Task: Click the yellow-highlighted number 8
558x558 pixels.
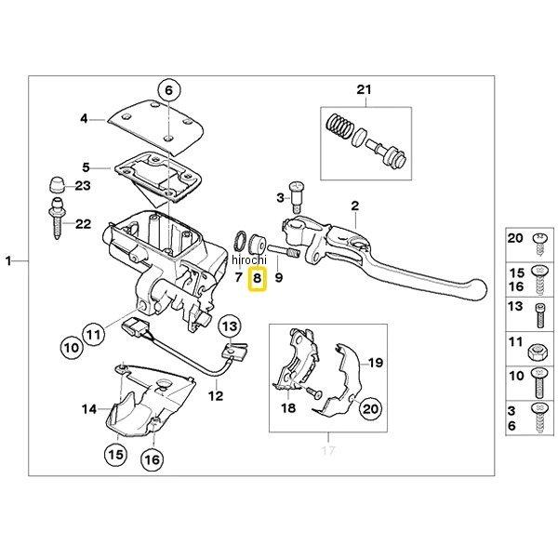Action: pos(259,277)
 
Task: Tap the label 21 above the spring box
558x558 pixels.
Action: pos(363,89)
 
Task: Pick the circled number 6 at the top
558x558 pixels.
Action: pos(167,91)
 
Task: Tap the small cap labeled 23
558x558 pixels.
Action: pos(58,182)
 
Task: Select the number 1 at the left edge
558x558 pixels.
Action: pos(11,262)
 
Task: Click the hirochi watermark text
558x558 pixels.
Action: pos(248,263)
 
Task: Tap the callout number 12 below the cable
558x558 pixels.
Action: pos(215,395)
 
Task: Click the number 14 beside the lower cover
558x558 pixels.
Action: pos(88,408)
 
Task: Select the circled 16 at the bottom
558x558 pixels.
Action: pos(151,459)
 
